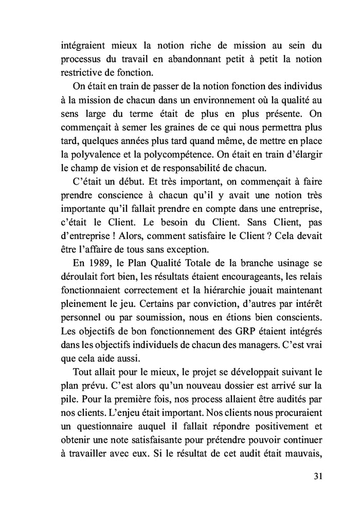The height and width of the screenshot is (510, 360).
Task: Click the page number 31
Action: (x=317, y=476)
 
